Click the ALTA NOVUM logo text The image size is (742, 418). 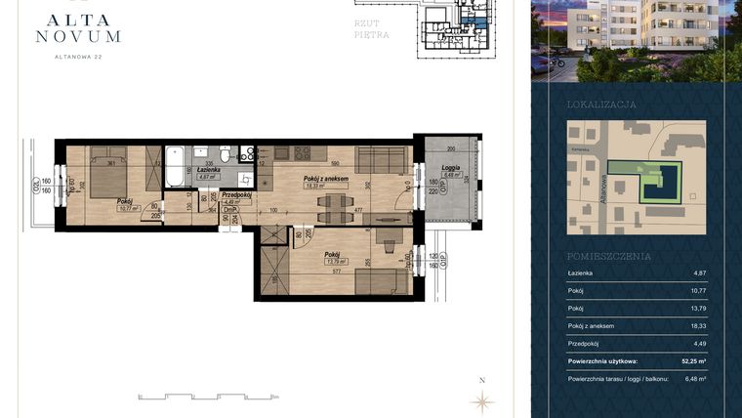(x=77, y=25)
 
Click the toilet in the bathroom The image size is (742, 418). (x=225, y=154)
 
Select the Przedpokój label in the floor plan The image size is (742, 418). (x=237, y=194)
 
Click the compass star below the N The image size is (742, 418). (x=481, y=399)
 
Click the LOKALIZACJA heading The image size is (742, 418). (x=601, y=104)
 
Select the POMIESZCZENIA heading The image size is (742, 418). (x=608, y=256)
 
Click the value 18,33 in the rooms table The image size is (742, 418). (x=699, y=325)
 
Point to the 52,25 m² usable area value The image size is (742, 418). (x=695, y=360)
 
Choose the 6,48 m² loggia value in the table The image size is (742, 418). (x=696, y=378)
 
